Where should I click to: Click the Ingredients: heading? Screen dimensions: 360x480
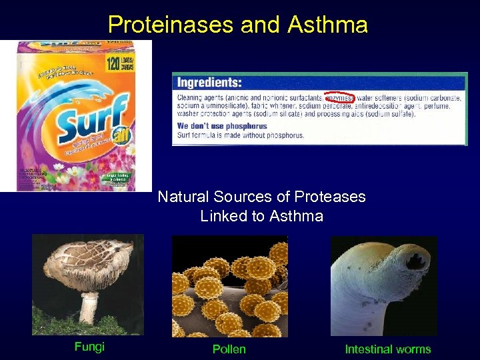point(209,83)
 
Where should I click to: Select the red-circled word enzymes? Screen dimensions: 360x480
point(339,97)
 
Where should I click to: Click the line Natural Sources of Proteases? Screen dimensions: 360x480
point(261,197)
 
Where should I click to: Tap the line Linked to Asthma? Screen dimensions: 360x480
point(261,216)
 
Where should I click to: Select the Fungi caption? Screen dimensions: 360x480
point(89,347)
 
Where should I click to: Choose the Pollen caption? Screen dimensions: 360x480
point(229,349)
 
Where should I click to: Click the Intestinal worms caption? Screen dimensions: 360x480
point(387,349)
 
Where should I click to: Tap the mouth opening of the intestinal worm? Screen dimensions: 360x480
point(417,262)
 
